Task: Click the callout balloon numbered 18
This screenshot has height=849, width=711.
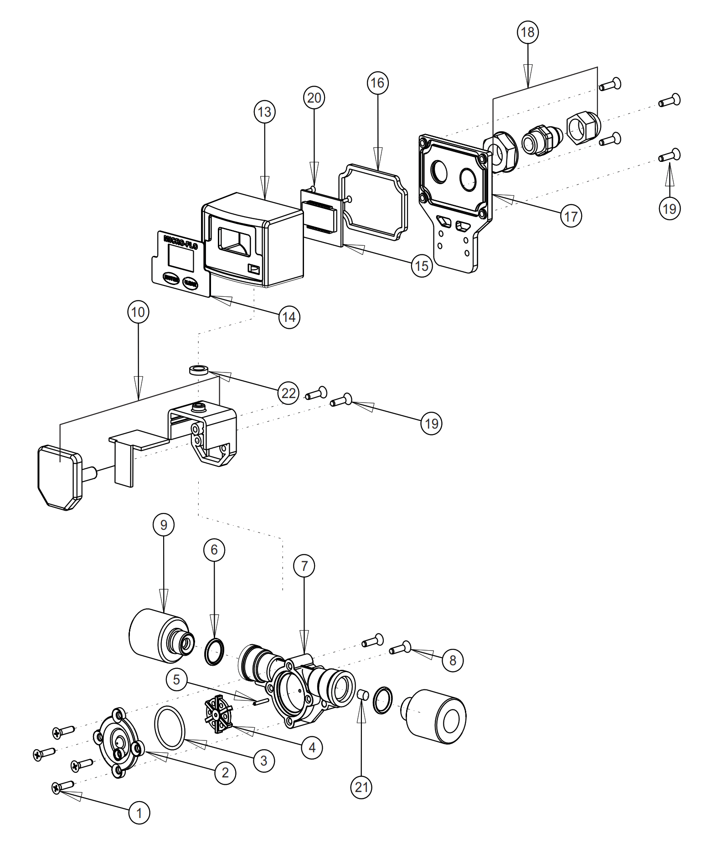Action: (528, 32)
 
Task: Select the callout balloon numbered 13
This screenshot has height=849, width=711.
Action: (265, 112)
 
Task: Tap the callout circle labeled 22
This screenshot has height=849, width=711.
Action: (289, 393)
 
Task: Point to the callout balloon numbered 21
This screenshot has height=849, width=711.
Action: (361, 787)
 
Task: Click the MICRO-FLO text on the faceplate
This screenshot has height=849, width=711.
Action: (180, 242)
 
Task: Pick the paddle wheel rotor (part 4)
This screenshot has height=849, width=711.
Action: (218, 714)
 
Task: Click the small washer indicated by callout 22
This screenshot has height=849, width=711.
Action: (198, 370)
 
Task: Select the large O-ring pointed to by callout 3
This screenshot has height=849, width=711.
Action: (170, 728)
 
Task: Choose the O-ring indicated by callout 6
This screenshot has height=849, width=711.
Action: (214, 652)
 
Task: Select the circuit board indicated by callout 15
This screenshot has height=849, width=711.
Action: (321, 217)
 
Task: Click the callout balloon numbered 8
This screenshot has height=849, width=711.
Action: (453, 660)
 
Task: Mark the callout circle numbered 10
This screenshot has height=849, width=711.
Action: (138, 312)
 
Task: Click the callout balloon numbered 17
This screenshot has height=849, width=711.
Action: (571, 217)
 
